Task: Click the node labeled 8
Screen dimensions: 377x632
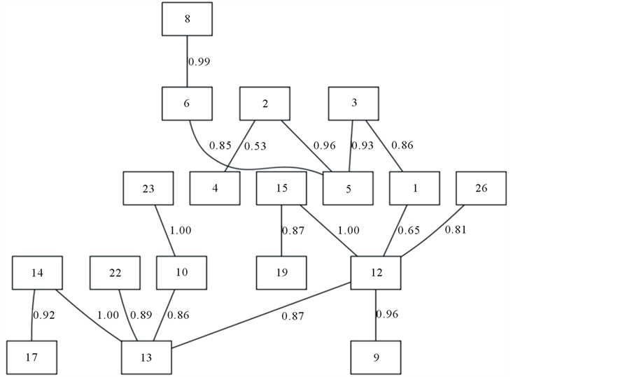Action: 188,19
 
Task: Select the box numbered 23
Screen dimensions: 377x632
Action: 148,189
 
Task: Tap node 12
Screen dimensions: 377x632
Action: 376,273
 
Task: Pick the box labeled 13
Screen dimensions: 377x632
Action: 146,357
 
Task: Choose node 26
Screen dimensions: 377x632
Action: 482,189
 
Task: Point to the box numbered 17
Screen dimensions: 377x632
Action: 32,357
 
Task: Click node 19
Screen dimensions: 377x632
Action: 281,273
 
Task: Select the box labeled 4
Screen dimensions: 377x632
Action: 214,189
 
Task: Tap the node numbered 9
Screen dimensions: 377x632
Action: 376,357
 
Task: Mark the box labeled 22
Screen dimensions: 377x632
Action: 115,273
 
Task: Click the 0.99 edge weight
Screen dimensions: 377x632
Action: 199,62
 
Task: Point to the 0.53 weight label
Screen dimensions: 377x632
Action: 254,146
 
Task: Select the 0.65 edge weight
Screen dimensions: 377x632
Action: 409,230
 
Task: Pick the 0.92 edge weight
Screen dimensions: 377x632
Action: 43,315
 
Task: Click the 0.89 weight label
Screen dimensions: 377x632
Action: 141,315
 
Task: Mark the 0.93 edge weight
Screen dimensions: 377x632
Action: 363,146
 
